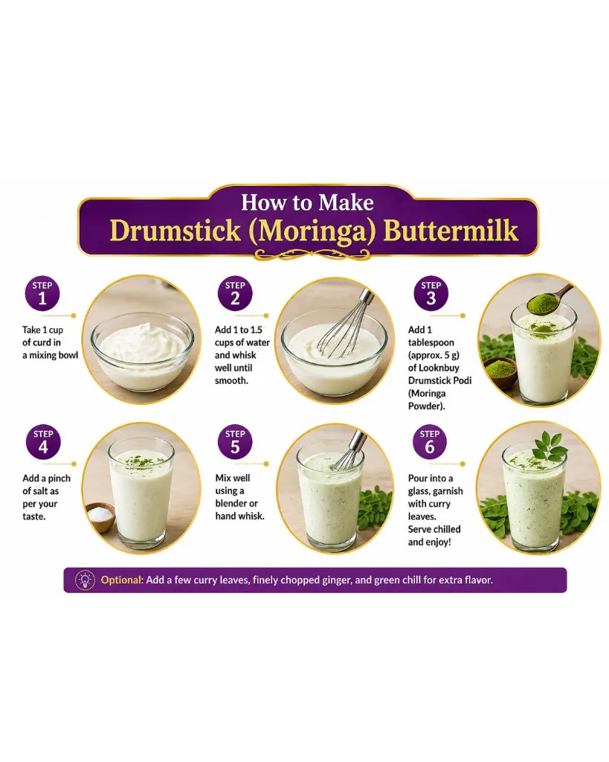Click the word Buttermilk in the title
[451, 231]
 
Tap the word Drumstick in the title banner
[175, 231]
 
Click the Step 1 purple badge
[42, 293]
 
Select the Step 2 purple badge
[235, 293]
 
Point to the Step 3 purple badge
[431, 293]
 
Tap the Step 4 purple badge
[43, 442]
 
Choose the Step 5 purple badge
[235, 442]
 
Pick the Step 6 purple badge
[430, 442]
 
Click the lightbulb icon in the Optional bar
[85, 580]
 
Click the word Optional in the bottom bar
[122, 580]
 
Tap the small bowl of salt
[100, 516]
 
